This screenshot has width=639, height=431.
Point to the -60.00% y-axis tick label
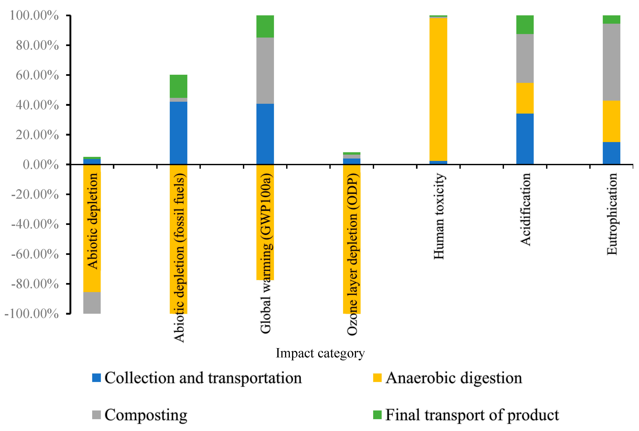(x=35, y=254)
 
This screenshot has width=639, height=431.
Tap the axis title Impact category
(x=320, y=353)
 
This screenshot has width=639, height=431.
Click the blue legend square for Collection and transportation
(x=96, y=378)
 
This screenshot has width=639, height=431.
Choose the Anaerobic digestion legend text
(x=454, y=378)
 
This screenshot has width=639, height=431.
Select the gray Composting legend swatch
(x=96, y=415)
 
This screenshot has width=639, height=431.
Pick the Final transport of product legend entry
(x=472, y=415)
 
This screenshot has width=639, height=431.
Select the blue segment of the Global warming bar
(x=265, y=134)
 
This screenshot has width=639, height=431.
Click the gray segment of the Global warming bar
(x=265, y=71)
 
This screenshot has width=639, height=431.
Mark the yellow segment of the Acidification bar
(x=525, y=98)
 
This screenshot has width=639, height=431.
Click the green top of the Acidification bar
(x=525, y=25)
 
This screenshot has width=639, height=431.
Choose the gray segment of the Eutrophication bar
(x=611, y=62)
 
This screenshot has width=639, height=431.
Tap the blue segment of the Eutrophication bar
(x=611, y=153)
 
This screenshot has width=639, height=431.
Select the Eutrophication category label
(x=612, y=214)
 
